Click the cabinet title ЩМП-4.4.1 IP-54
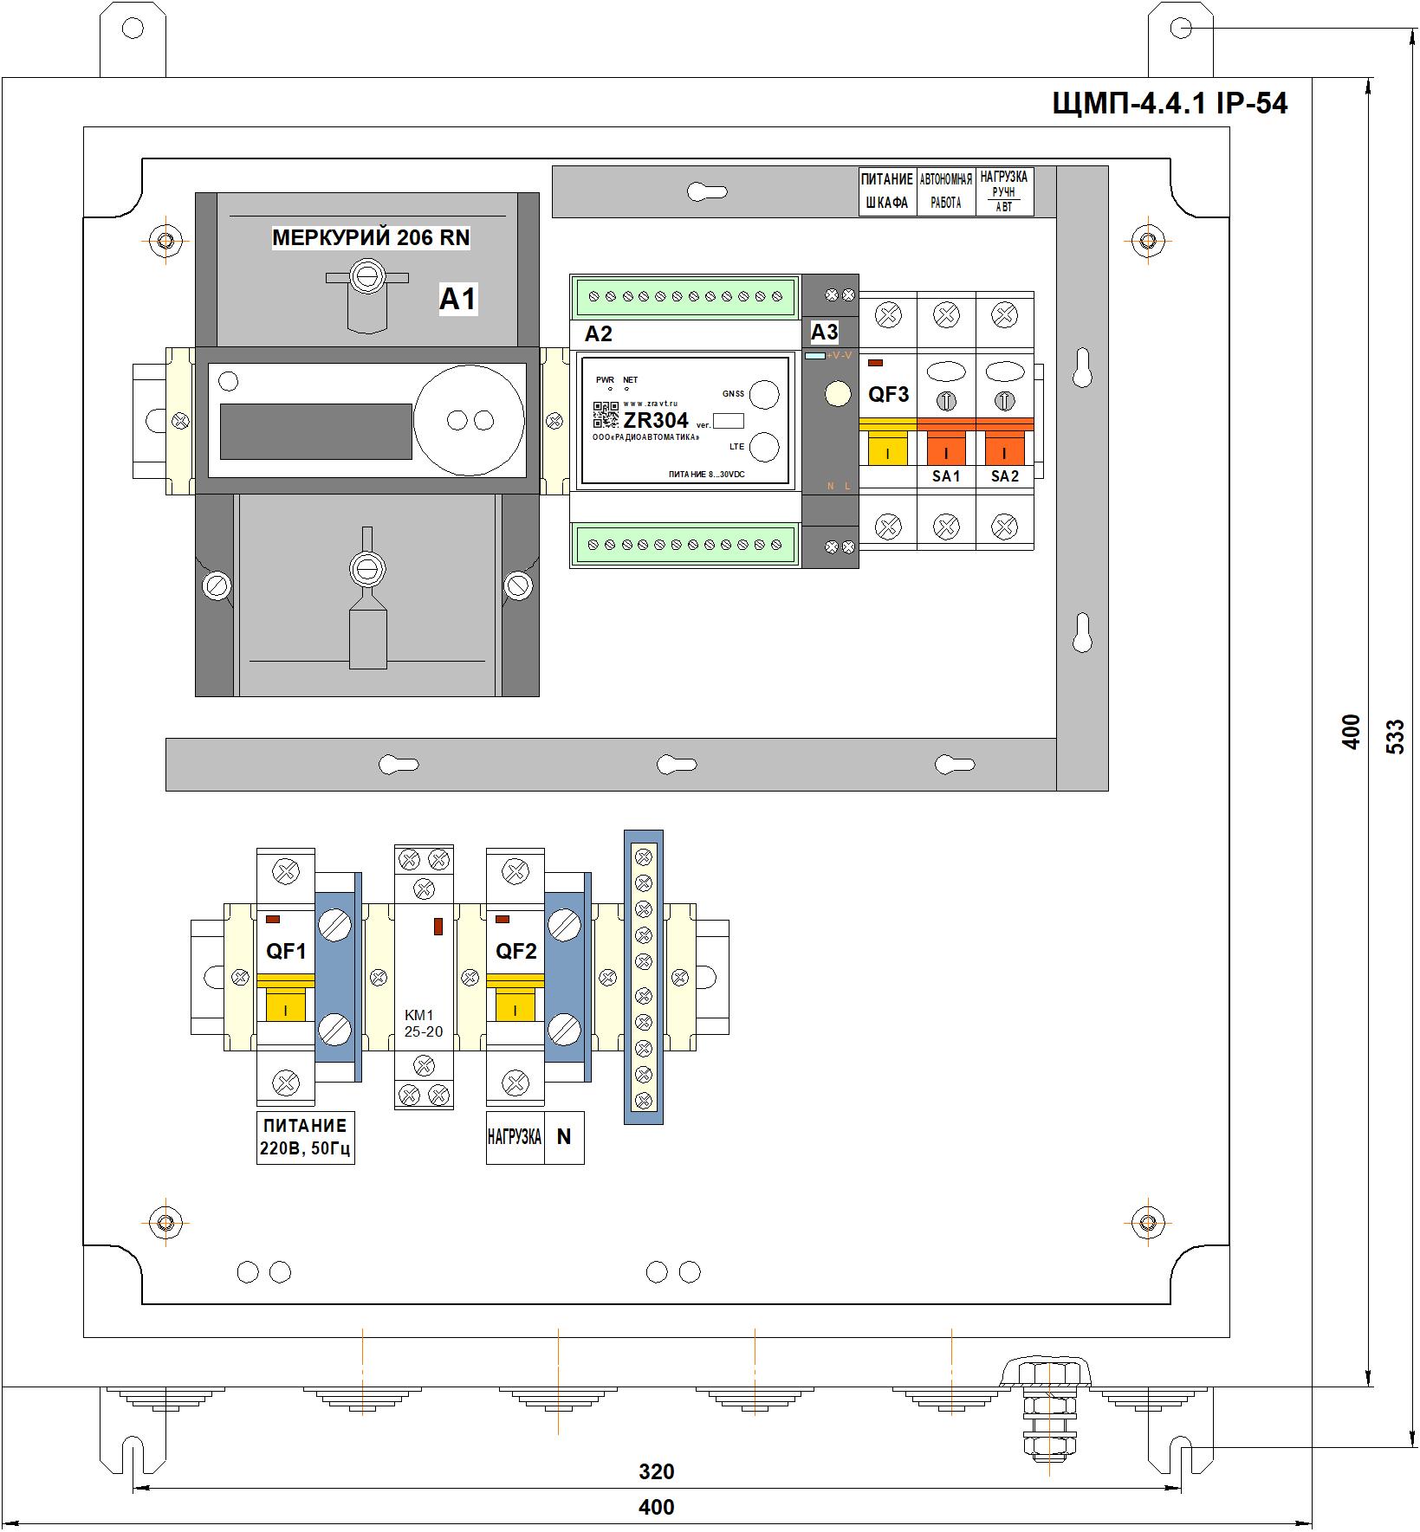[x=1170, y=104]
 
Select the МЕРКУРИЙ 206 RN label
[x=371, y=237]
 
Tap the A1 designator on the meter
[x=457, y=299]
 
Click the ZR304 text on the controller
[x=656, y=420]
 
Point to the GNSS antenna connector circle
[x=763, y=394]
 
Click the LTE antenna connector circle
[x=763, y=447]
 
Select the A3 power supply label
[x=824, y=332]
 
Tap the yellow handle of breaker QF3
[x=888, y=449]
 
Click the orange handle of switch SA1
[x=946, y=449]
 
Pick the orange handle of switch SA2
[x=1004, y=449]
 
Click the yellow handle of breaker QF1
[x=285, y=1005]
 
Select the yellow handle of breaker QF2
[x=515, y=1005]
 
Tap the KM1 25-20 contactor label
[x=423, y=1023]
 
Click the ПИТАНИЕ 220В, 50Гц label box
[x=305, y=1138]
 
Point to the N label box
[x=564, y=1137]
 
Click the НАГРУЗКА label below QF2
[x=515, y=1137]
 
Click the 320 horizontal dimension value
[x=656, y=1471]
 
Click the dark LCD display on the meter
[x=315, y=430]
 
